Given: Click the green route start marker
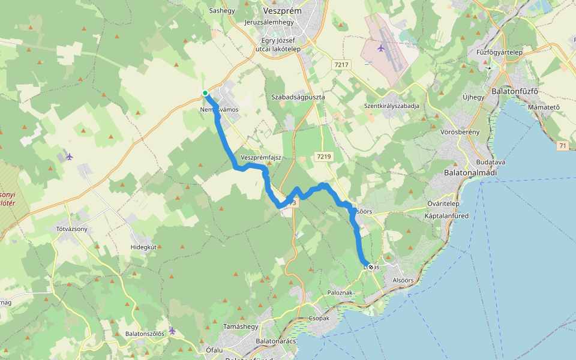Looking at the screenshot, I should [205, 93].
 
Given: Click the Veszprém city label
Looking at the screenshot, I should [283, 10].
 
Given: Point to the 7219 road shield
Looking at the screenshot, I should [323, 157].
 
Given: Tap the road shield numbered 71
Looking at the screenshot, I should [562, 146].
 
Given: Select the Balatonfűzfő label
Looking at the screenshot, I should [515, 92].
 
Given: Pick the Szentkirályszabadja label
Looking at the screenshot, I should [391, 106].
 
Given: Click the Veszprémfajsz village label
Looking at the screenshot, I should [260, 157].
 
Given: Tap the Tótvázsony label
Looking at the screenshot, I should [72, 229].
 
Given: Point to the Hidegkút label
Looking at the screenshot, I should [143, 247].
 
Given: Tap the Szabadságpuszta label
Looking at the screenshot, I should [298, 97].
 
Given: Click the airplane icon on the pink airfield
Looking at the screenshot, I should [380, 47].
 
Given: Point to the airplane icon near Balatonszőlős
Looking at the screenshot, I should [172, 331].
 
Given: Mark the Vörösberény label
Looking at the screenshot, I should [460, 131].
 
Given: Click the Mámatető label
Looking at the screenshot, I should [544, 107].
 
